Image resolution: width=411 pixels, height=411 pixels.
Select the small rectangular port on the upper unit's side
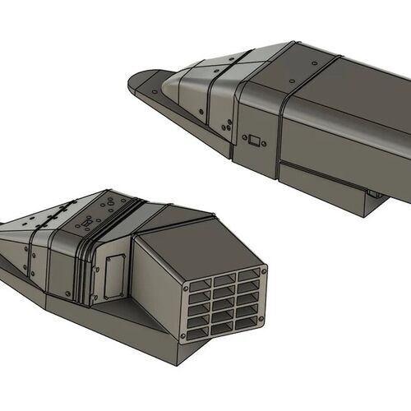coord(255,141)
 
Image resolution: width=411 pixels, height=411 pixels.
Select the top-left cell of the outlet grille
coord(203,289)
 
